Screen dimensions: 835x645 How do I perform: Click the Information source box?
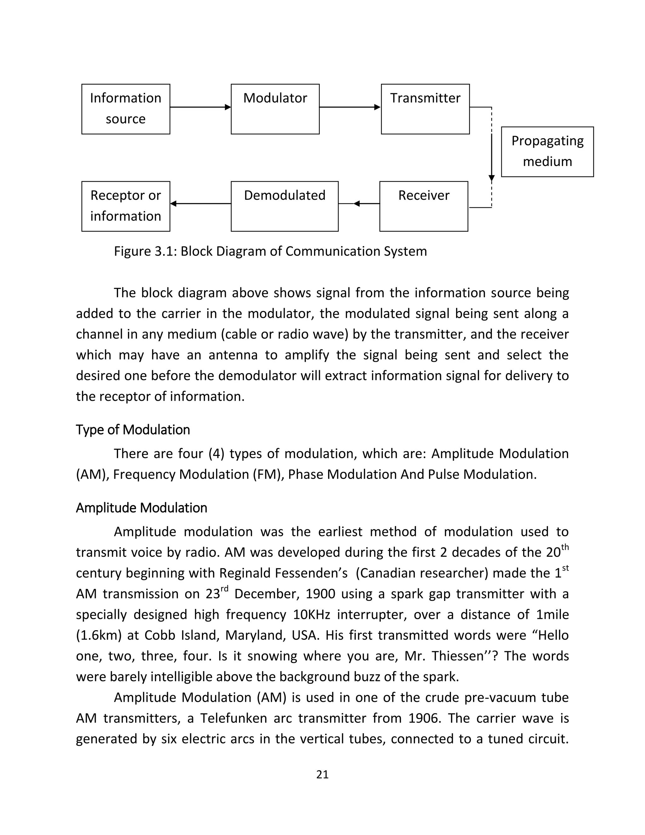(x=126, y=109)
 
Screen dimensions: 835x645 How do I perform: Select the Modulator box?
(x=275, y=109)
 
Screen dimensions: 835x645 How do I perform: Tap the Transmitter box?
(x=425, y=109)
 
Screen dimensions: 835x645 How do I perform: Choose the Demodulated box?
(x=284, y=206)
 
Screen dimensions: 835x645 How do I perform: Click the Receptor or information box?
(x=126, y=206)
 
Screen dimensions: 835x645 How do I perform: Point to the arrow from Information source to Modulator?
(x=200, y=107)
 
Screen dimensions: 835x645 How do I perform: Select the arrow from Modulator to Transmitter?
(x=350, y=107)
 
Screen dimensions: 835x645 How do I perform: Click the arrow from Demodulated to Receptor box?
(x=200, y=204)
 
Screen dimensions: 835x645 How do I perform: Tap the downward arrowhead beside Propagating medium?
(x=491, y=178)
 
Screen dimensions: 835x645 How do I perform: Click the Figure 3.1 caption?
(x=270, y=251)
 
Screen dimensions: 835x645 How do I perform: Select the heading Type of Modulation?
(x=133, y=430)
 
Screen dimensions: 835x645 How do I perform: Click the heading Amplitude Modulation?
(x=141, y=508)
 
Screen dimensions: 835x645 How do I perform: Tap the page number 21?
(x=322, y=774)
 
